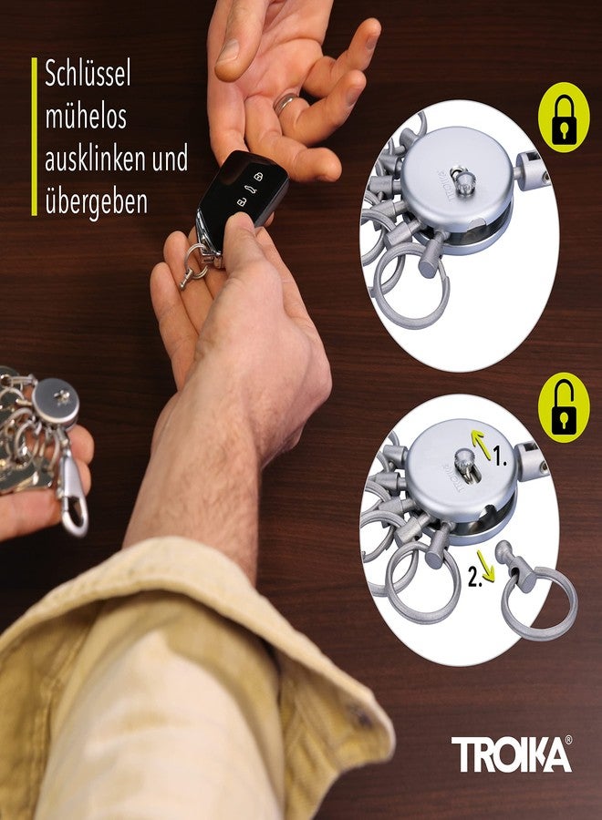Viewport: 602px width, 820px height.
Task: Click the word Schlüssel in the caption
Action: (88, 75)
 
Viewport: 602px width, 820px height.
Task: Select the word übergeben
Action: (96, 200)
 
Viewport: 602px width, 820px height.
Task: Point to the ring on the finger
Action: (286, 101)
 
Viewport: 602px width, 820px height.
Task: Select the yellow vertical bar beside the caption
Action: (34, 137)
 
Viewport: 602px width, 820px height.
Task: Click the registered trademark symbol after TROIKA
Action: (568, 740)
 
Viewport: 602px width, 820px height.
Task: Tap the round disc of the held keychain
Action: (56, 401)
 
